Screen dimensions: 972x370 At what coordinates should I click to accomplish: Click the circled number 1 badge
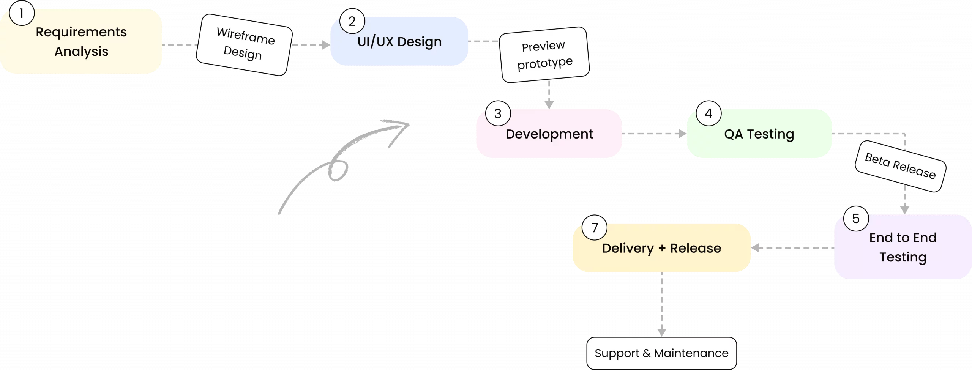22,13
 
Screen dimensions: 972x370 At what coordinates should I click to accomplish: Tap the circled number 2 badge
352,21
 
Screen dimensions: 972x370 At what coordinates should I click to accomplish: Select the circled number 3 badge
498,113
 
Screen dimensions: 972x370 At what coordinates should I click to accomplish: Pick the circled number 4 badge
708,113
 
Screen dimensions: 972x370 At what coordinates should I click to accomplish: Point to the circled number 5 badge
856,219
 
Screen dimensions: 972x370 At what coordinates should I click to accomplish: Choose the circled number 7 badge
595,228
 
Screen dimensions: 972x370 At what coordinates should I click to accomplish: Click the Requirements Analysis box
81,41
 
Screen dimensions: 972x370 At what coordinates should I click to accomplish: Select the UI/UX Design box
399,41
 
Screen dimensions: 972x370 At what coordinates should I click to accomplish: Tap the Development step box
549,134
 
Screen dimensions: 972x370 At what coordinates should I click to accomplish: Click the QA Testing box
759,134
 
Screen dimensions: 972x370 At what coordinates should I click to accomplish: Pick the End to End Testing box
903,247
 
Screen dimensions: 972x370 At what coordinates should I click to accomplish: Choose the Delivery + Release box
661,248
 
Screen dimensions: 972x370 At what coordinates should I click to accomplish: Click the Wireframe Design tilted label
244,45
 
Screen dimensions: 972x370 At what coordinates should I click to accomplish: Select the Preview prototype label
544,55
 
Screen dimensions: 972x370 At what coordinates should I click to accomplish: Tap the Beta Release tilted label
900,166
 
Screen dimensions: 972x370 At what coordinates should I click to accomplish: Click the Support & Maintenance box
661,353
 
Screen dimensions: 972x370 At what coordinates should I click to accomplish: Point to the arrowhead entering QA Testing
682,134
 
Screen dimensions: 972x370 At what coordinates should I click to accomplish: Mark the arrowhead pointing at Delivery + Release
755,248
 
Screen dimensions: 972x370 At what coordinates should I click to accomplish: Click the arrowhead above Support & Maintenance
662,332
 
